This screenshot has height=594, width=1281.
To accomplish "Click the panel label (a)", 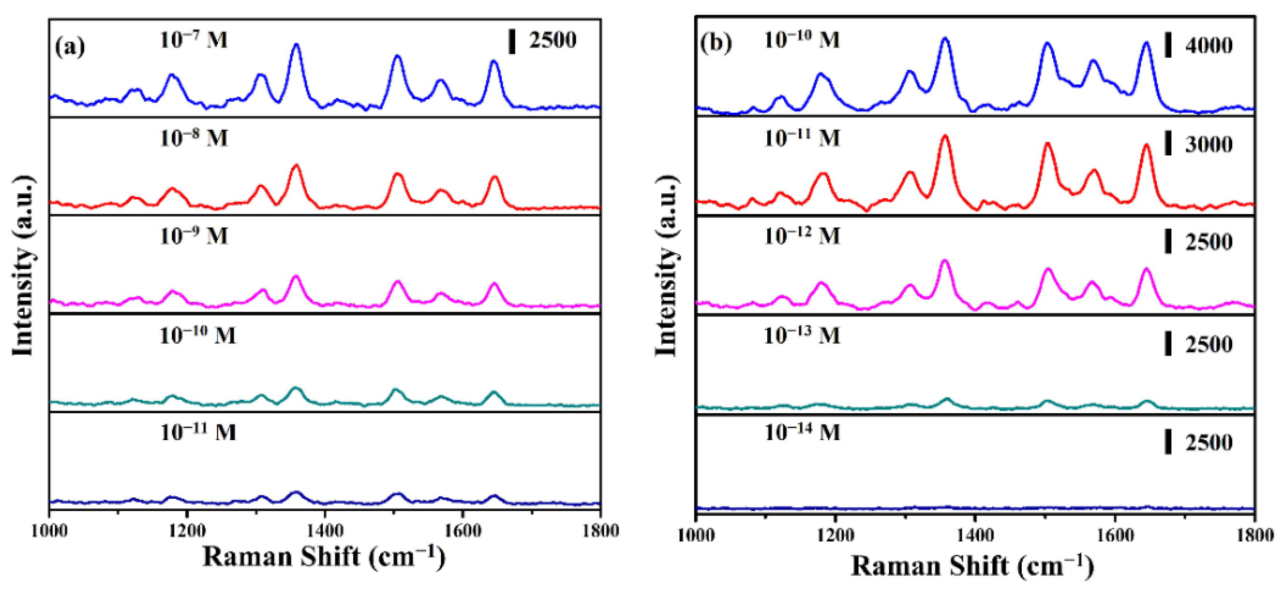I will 70,47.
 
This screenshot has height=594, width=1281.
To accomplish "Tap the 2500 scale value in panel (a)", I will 553,40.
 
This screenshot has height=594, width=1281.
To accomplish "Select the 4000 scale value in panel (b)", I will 1209,46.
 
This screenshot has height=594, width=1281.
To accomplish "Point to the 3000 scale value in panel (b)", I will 1209,145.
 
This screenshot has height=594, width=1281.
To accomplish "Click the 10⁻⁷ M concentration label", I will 194,40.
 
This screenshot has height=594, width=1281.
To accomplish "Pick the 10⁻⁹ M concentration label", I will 194,236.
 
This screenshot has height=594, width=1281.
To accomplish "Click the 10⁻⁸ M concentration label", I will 194,138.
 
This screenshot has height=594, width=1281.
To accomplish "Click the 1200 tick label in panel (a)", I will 187,531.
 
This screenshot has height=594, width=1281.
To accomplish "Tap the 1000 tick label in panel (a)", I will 50,531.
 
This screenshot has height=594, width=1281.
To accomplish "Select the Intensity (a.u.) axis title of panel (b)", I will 666,266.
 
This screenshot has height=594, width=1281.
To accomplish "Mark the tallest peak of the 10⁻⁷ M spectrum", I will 296,45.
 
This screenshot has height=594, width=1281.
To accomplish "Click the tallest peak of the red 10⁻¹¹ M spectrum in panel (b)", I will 945,136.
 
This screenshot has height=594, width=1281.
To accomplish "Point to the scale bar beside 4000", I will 1168,46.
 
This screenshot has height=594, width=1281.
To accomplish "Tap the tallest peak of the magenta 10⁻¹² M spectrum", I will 945,260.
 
